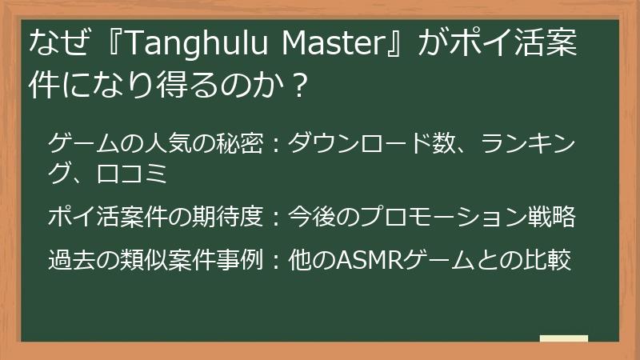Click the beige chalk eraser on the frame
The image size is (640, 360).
tap(563, 339)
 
